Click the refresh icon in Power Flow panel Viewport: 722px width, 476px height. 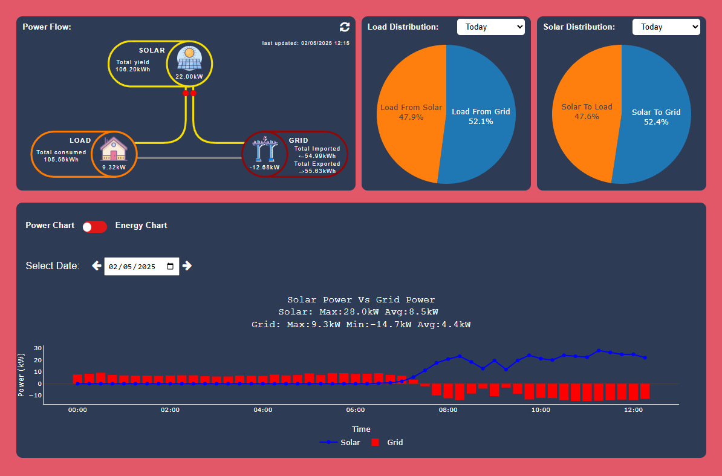(345, 27)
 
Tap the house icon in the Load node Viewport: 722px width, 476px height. (114, 149)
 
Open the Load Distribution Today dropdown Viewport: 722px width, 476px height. (490, 27)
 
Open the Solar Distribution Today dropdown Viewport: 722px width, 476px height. (666, 27)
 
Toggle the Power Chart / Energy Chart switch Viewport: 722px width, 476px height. (95, 226)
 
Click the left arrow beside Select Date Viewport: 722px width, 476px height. (96, 266)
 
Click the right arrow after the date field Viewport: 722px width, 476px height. (187, 266)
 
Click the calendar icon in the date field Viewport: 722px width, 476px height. (171, 266)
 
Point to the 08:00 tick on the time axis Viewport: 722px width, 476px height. (448, 409)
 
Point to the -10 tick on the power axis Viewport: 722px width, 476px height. (37, 396)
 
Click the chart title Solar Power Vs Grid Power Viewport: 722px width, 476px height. (361, 299)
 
